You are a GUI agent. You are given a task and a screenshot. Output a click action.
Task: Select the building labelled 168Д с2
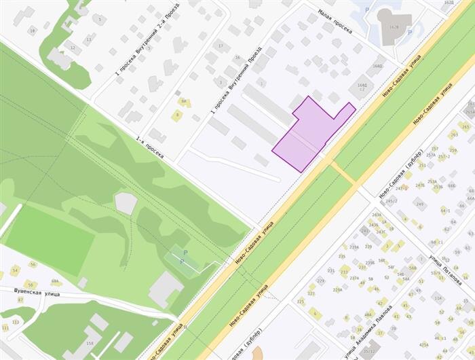[x=362, y=86]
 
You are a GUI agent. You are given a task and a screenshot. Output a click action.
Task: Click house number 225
[x=301, y=302]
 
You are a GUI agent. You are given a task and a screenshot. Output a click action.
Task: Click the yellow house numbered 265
[x=465, y=126]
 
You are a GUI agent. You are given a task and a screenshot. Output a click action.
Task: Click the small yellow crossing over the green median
[x=343, y=173]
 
